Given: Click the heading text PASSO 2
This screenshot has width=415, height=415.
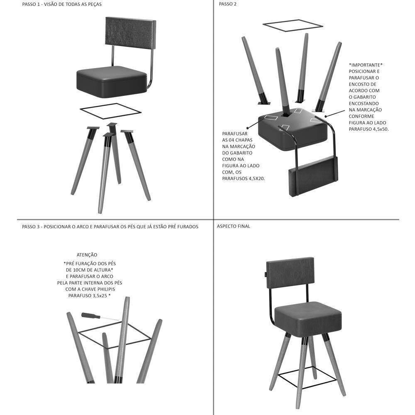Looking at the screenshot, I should [x=227, y=4].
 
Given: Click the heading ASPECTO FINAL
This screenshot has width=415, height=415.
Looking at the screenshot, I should [x=234, y=227].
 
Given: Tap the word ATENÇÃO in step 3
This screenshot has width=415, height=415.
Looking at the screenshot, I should [x=87, y=255].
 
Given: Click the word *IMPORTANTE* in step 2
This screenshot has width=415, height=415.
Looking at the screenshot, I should [x=366, y=65].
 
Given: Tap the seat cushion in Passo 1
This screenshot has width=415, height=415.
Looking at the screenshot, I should [x=112, y=81].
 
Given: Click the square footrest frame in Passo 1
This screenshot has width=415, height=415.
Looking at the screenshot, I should [x=110, y=111].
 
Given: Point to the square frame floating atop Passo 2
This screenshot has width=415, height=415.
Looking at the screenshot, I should [x=293, y=25].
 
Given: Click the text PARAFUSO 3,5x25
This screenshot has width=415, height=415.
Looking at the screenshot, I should [x=89, y=295].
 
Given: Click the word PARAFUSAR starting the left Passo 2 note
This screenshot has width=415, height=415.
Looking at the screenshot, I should [x=235, y=134].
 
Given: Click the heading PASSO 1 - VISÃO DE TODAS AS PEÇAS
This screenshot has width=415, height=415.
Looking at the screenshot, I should [x=62, y=4].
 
